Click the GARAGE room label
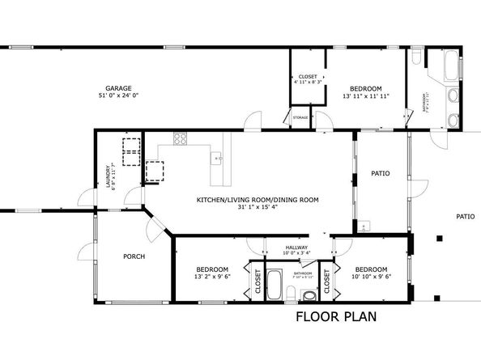pos(118,88)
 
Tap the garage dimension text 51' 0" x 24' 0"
pos(118,96)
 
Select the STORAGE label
pos(300,119)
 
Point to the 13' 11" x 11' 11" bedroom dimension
pos(365,96)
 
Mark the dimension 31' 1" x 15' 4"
pos(258,207)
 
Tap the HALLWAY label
pos(297,248)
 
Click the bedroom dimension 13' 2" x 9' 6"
pos(211,277)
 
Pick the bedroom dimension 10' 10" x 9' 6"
pos(371,277)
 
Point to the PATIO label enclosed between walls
pos(381,172)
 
